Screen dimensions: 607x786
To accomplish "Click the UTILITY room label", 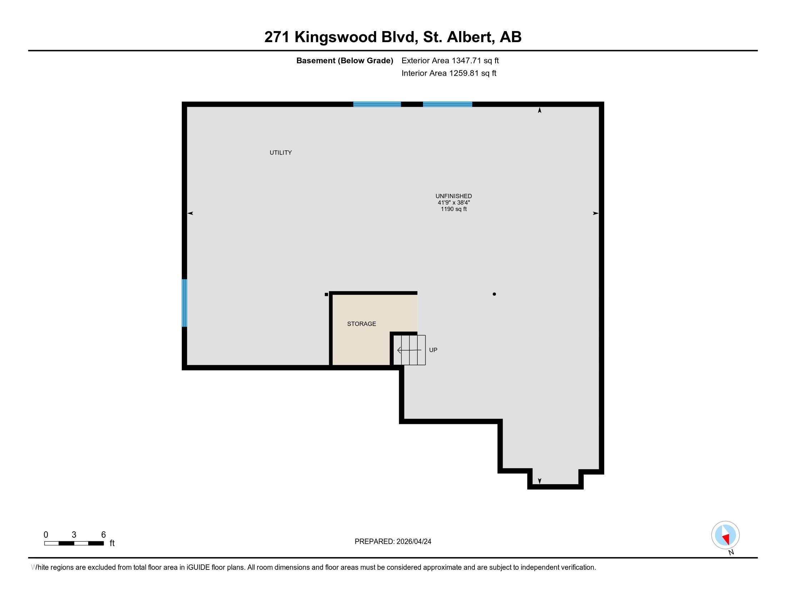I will pyautogui.click(x=281, y=153).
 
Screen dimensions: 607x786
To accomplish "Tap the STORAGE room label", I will pyautogui.click(x=361, y=324).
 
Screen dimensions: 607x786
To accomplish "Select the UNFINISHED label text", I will pyautogui.click(x=453, y=196).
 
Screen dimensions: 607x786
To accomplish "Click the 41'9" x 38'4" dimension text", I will pyautogui.click(x=453, y=203).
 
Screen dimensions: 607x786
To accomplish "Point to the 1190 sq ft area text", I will pyautogui.click(x=453, y=209).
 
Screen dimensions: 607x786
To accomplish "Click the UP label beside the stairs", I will pyautogui.click(x=433, y=350).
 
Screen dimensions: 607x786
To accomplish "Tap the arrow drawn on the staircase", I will pyautogui.click(x=409, y=350).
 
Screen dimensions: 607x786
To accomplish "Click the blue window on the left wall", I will pyautogui.click(x=184, y=303).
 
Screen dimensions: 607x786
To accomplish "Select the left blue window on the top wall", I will pyautogui.click(x=377, y=104).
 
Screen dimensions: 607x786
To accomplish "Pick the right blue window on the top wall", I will pyautogui.click(x=447, y=104).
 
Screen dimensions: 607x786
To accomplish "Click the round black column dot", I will pyautogui.click(x=494, y=294).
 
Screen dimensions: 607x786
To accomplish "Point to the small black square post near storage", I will pyautogui.click(x=327, y=295).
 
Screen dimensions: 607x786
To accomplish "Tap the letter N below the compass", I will pyautogui.click(x=731, y=553).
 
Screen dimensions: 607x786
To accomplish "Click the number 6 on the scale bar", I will pyautogui.click(x=103, y=535).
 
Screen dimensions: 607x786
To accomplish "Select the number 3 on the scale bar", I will pyautogui.click(x=74, y=535).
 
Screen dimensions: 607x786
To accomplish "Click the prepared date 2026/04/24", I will pyautogui.click(x=413, y=542).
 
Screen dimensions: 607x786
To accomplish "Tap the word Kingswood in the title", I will pyautogui.click(x=335, y=37).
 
